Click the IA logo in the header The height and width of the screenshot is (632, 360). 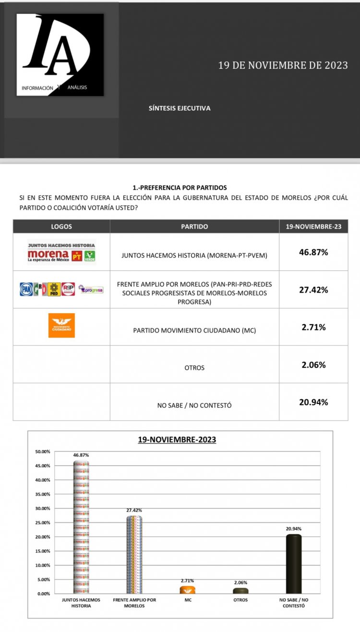point(60,54)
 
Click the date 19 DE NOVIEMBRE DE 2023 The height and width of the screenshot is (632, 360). point(283,65)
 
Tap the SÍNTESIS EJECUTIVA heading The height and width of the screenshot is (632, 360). point(180,108)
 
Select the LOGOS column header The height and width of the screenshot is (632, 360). point(61,227)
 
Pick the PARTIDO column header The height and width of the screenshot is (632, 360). point(194,227)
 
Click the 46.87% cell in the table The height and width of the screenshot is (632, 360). point(313,252)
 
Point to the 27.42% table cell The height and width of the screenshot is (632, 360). point(313,290)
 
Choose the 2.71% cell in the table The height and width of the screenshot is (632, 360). point(313,327)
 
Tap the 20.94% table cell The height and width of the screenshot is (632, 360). point(313,402)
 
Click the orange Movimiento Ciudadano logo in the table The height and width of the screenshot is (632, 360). point(61,326)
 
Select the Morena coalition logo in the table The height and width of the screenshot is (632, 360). point(61,252)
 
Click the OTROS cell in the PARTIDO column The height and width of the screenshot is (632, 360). point(194,367)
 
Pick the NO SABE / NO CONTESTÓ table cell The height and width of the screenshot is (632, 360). point(194,405)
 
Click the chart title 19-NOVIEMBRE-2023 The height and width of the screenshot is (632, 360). point(177,439)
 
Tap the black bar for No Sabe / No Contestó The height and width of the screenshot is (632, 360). point(294,564)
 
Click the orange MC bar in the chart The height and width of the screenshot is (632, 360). point(187,590)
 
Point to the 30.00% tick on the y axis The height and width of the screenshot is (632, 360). point(43,508)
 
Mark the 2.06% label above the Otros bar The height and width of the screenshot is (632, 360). point(240,582)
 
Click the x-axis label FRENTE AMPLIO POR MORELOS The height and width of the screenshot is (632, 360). point(134,603)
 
